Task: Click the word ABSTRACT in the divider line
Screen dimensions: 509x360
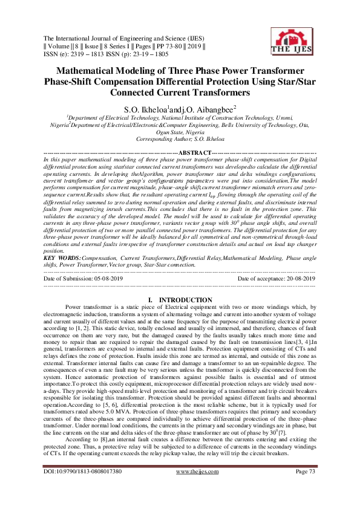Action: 195,152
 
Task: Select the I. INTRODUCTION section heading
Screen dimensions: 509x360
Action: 180,300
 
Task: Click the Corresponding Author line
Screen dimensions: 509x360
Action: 180,138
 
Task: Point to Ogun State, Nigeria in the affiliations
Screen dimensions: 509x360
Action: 180,131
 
